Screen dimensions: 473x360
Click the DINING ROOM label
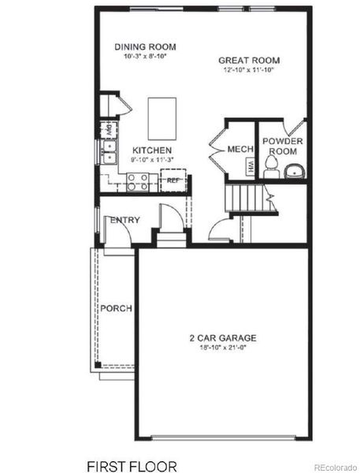point(145,47)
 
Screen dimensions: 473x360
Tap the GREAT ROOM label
point(249,60)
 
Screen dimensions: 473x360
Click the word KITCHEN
point(152,150)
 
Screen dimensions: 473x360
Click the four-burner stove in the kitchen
point(138,181)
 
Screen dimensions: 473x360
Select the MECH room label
point(239,149)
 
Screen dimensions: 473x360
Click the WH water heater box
point(250,166)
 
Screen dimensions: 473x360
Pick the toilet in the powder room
point(272,164)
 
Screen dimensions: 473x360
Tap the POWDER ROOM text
point(283,145)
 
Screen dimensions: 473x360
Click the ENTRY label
point(124,220)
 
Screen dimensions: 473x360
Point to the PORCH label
point(116,307)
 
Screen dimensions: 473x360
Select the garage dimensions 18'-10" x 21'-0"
point(222,348)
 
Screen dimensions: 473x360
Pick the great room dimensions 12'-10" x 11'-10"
point(249,70)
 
